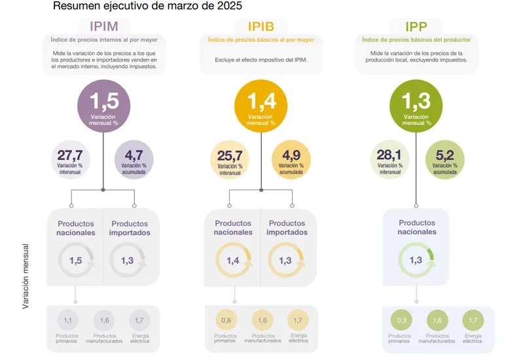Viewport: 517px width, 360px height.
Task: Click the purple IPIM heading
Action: coord(104,26)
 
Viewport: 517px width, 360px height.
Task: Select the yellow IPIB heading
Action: coord(261,26)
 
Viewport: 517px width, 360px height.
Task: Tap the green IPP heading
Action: coord(416,27)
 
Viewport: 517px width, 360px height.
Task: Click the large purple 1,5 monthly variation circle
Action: coord(104,106)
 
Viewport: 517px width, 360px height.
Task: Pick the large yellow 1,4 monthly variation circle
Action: coord(261,106)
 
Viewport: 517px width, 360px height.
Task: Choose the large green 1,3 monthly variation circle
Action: coord(416,106)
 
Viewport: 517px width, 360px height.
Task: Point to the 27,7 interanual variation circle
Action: coord(70,160)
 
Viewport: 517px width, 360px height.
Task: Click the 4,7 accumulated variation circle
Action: coord(134,160)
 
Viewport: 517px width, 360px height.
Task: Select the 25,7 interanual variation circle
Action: coord(230,160)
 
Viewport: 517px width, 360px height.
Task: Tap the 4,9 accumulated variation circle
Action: coord(291,160)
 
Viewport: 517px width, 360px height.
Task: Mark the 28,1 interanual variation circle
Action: coord(390,160)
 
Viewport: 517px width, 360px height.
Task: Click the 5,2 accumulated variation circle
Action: coord(445,160)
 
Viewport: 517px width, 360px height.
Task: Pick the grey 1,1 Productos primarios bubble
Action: coord(67,320)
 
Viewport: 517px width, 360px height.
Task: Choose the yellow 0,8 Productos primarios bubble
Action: coord(226,320)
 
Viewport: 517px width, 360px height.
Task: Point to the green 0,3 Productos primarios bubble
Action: coord(401,320)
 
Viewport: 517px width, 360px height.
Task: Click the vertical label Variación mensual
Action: coord(26,276)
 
